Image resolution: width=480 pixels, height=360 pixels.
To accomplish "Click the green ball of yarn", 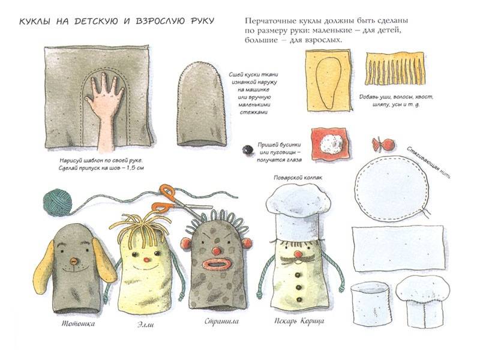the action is click(x=57, y=202).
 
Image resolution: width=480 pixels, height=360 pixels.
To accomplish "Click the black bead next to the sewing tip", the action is click(x=248, y=149).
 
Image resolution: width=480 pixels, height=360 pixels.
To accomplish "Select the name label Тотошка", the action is click(x=79, y=323).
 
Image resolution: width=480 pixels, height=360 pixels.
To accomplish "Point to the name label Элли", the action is click(x=145, y=324).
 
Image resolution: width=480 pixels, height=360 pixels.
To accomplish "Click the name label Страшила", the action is click(x=221, y=322).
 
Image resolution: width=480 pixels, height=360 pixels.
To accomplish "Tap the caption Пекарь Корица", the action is click(x=299, y=321).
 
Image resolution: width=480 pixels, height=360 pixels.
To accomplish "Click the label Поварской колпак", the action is click(x=298, y=178).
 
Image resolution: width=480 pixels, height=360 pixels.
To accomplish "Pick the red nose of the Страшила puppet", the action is click(x=217, y=251).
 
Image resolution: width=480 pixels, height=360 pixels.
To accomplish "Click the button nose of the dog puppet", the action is click(x=73, y=261).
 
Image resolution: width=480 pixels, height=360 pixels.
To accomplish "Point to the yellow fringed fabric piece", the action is click(x=395, y=68).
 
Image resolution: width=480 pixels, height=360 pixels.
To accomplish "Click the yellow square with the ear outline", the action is click(x=329, y=80).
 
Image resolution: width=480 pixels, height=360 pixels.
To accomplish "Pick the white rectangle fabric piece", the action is click(x=398, y=248).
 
